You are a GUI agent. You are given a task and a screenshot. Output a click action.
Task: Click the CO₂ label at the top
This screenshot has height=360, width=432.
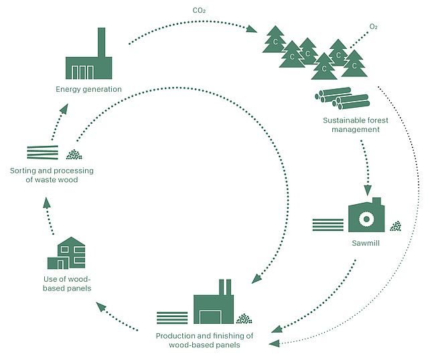198,11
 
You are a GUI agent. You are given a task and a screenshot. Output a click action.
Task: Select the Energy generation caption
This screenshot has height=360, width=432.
89,88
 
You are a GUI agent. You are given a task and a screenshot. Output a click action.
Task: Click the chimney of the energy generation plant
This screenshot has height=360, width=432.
102,42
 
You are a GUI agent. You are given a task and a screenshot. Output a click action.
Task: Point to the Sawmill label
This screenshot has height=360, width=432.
365,244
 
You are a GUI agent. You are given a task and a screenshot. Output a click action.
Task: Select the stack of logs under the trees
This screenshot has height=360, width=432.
342,98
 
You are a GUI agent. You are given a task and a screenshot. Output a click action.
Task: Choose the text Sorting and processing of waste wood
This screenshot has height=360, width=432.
52,175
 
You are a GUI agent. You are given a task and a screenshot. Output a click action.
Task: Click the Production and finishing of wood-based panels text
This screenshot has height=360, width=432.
204,340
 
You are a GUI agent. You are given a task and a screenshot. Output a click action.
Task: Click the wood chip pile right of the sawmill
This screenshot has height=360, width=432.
396,226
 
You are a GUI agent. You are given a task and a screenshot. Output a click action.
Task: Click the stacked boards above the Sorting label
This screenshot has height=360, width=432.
42,153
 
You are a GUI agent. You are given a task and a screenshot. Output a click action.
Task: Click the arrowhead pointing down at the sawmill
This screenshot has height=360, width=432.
367,189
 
